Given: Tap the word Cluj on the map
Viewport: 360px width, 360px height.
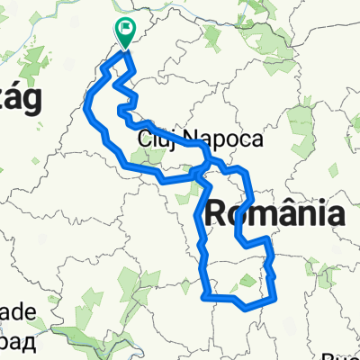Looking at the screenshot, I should tap(155, 140).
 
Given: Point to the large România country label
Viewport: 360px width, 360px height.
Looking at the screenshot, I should tap(275, 215).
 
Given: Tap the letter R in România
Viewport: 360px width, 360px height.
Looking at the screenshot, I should tap(220, 215).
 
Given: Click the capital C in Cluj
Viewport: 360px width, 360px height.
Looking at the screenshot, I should tap(145, 140).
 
